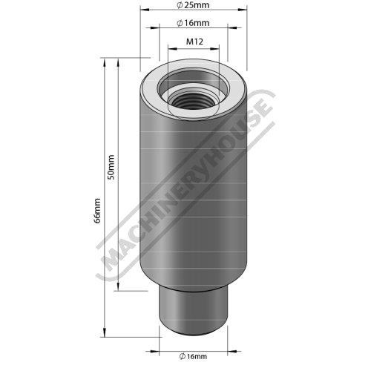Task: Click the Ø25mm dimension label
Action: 193,5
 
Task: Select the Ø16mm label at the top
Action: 193,23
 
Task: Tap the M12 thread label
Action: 194,42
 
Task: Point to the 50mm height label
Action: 111,167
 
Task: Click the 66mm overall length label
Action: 97,211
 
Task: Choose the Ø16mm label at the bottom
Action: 193,356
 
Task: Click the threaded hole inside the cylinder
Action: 193,100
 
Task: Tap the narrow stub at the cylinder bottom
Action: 193,310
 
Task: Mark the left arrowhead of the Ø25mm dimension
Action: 145,10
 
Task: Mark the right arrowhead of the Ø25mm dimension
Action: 243,10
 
